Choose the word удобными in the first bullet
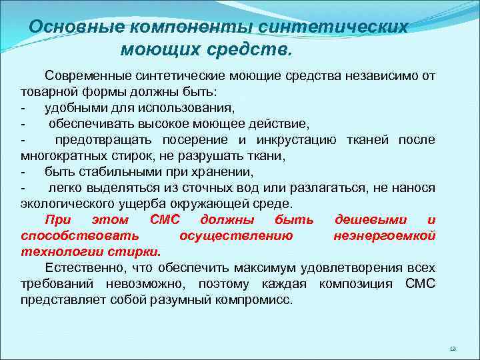(71, 107)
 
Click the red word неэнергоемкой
(384, 235)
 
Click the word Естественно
(81, 268)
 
